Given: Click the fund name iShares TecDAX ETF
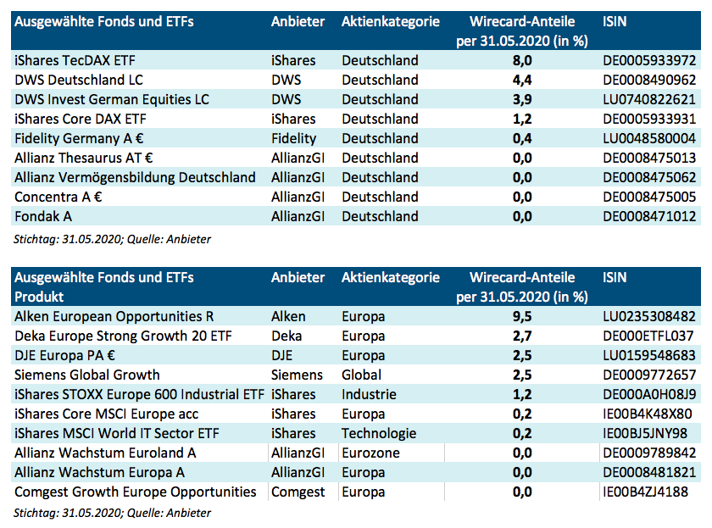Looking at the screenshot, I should point(75,60).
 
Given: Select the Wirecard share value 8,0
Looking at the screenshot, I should point(521,60).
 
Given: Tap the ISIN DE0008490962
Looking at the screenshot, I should point(648,80).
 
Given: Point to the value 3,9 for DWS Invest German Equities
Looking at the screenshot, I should point(521,99).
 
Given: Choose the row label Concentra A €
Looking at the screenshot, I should point(58,197).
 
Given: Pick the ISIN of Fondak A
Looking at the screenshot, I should point(648,216).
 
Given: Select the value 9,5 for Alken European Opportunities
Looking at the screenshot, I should point(521,316).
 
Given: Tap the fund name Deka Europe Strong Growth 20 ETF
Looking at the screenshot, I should point(123,336).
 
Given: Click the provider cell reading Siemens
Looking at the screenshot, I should point(297,375).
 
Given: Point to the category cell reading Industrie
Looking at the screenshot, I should point(369,394).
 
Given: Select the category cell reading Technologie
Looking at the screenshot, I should point(379,433).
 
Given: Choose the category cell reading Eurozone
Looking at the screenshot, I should point(370,453).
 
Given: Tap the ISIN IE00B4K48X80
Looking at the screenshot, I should point(647,414).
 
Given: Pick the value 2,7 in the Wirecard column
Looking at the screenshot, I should point(521,336).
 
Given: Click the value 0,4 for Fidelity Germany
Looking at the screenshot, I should point(521,138).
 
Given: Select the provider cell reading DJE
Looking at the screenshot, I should point(282,355).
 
